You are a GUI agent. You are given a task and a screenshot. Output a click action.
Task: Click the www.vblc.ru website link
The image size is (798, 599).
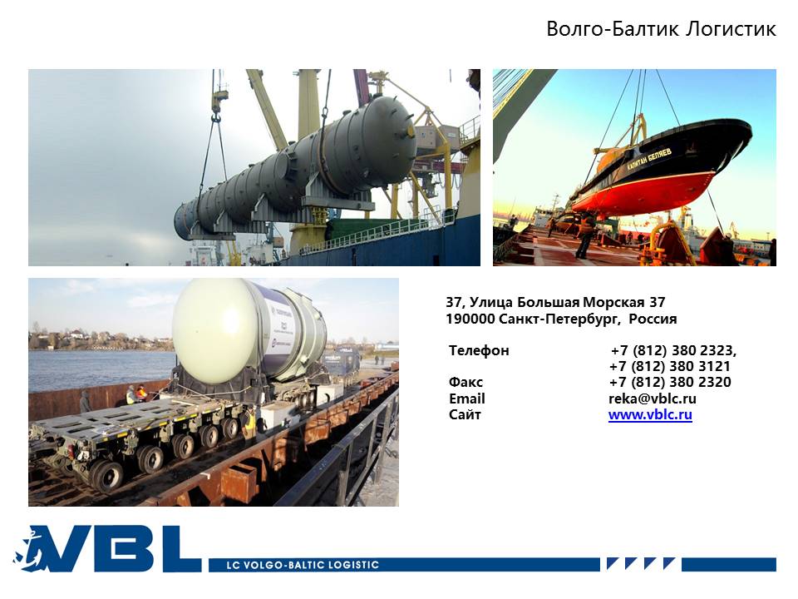point(650,414)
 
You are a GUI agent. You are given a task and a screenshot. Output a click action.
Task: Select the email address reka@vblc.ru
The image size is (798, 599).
point(653,399)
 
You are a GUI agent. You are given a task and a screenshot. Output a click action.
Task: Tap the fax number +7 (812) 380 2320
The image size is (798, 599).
point(670,382)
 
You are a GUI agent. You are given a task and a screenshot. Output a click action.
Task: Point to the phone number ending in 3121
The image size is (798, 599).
point(670,366)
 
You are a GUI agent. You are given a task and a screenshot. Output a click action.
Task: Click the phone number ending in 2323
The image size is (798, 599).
point(673,350)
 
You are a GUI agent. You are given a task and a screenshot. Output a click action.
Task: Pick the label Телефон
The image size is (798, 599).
point(479,350)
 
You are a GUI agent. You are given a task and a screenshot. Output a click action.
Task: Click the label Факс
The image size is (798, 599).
point(465,382)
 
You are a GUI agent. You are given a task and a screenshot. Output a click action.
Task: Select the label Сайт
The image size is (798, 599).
point(465,414)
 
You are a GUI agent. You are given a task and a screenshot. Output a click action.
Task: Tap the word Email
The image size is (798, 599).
point(467,399)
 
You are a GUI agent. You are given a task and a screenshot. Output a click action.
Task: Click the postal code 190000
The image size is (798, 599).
point(470,319)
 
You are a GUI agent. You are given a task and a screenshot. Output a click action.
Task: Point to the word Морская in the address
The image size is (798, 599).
point(613,303)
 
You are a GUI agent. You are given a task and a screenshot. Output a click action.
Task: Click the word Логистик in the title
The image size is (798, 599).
point(731,28)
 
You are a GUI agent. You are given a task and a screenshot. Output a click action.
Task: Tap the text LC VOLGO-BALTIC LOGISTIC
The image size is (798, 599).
point(303,565)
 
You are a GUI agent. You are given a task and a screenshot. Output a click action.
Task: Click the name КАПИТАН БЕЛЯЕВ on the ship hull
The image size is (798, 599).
point(649,159)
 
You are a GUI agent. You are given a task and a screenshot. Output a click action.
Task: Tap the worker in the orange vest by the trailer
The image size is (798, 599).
point(141,393)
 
